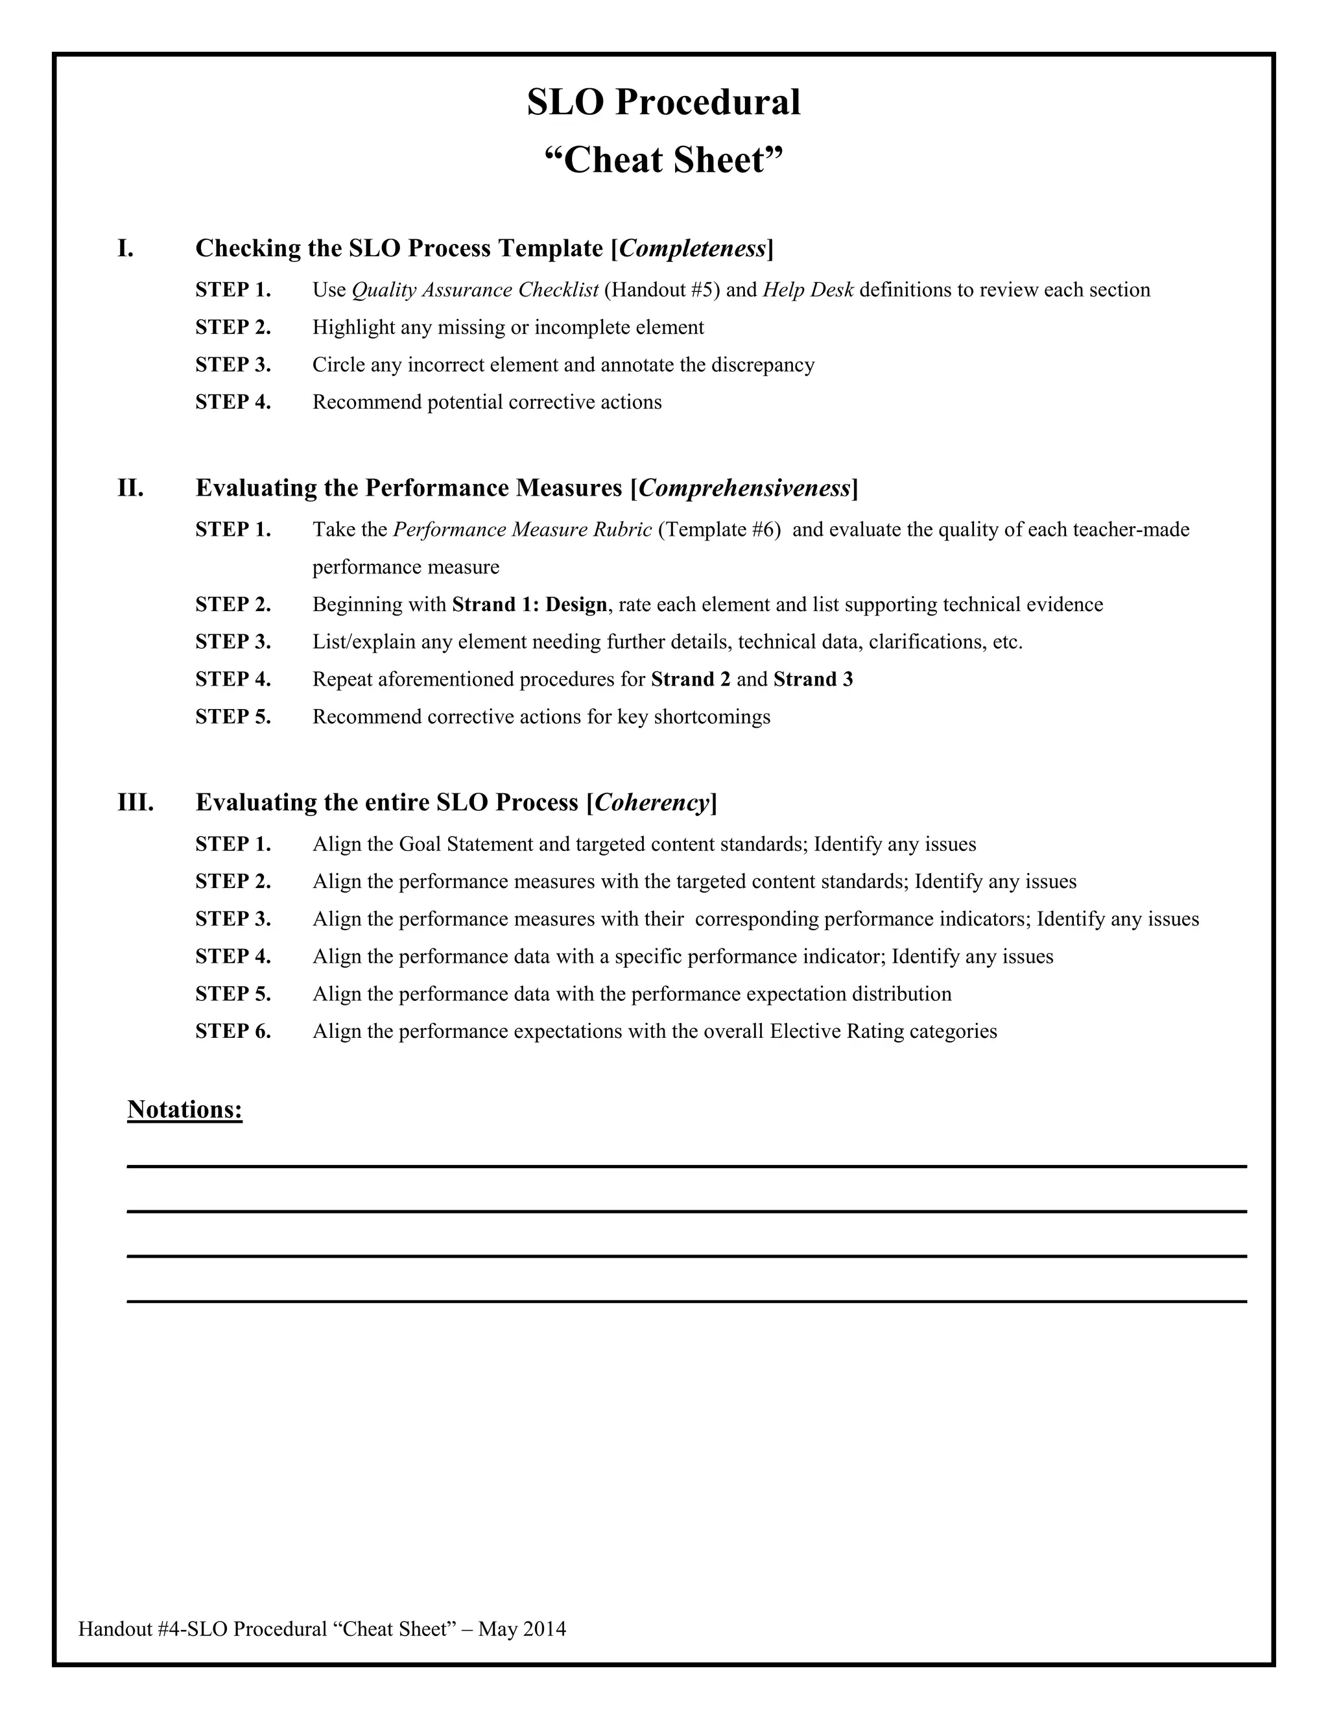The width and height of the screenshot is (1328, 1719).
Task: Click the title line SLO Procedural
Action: coord(663,102)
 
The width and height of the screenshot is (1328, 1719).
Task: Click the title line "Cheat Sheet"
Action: coord(663,161)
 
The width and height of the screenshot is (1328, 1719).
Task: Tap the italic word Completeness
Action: coord(693,248)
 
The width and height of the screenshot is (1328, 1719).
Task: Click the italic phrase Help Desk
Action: coord(807,291)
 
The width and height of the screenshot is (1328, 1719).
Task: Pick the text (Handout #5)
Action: coord(661,291)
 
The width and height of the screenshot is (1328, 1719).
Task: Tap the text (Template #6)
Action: coord(718,530)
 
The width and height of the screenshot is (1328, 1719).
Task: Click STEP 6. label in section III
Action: coord(233,1031)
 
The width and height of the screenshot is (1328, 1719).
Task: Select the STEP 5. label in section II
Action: coord(233,717)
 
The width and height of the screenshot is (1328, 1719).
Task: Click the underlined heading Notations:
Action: coord(185,1109)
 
